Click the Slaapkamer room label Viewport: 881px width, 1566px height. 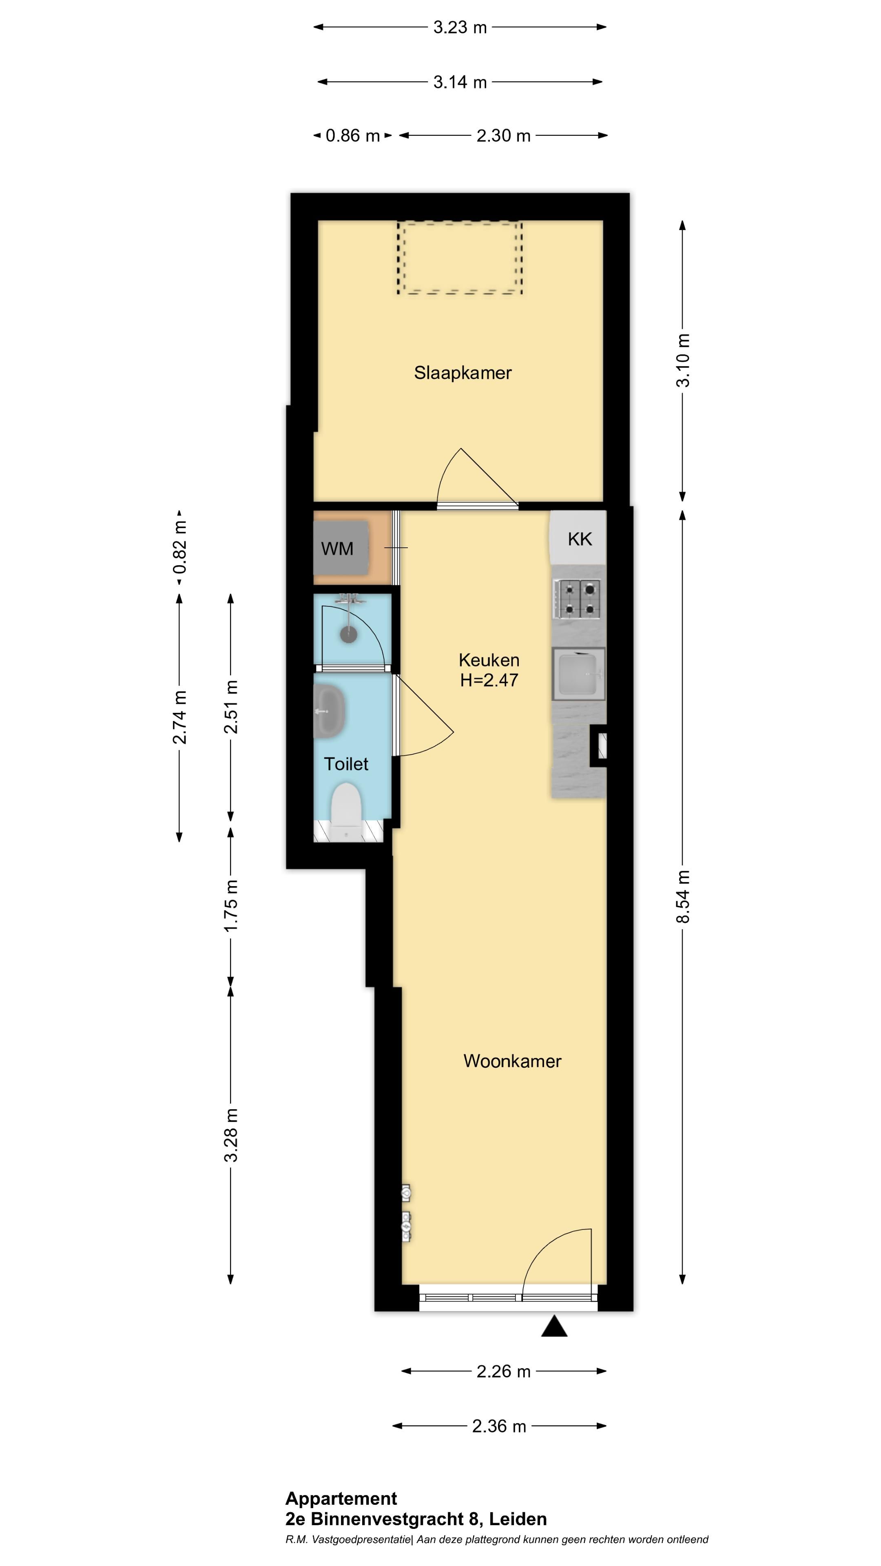click(x=463, y=373)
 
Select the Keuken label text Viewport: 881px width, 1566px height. click(x=489, y=660)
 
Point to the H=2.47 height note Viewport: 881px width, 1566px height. click(x=489, y=680)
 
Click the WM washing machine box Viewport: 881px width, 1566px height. click(x=341, y=548)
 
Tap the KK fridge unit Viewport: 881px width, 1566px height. click(x=578, y=537)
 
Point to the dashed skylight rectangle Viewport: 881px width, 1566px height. click(x=460, y=258)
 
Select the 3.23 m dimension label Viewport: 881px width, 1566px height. click(x=460, y=27)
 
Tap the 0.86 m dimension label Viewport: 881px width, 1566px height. click(x=353, y=135)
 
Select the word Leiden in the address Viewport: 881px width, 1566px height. click(x=518, y=1519)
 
